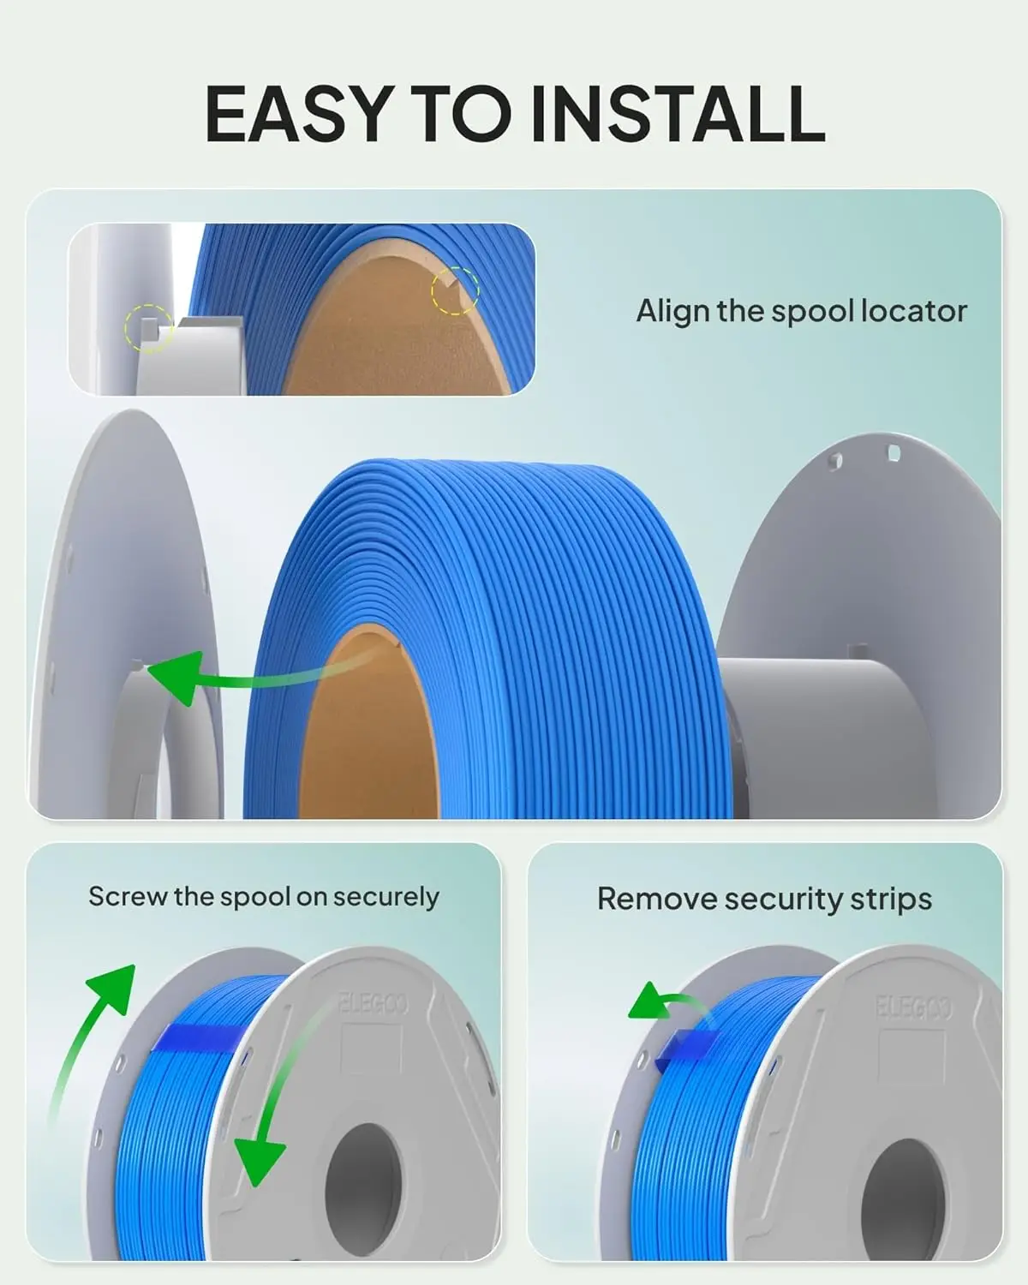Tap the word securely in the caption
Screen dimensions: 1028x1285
pyautogui.click(x=385, y=898)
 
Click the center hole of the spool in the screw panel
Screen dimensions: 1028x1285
pyautogui.click(x=362, y=1173)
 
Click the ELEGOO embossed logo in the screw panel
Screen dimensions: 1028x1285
pyautogui.click(x=374, y=1004)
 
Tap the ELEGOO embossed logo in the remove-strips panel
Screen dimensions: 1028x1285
pyautogui.click(x=913, y=1007)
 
